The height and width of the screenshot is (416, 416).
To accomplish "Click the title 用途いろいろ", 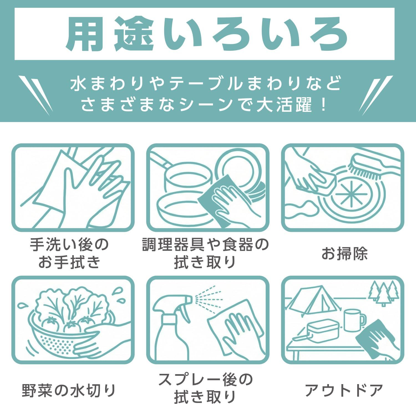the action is [x=207, y=34].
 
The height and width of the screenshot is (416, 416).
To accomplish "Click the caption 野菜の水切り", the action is [x=69, y=390].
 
